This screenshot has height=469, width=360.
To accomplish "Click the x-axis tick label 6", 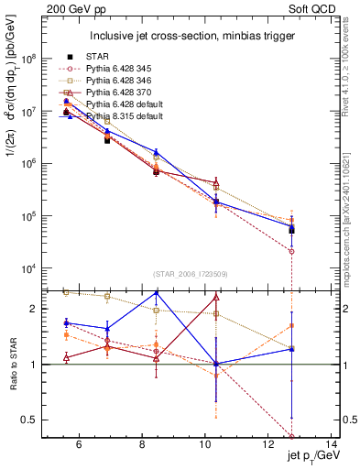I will pos(79,446).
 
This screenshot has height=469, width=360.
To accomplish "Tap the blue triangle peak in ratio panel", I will pos(156,292).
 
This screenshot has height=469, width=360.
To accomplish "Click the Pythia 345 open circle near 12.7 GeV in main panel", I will pos(291,251).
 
